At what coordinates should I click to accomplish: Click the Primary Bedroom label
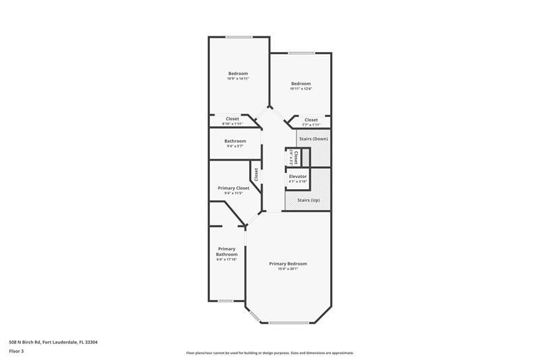(x=288, y=263)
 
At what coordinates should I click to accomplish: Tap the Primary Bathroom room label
(x=227, y=251)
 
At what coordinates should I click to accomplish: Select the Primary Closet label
(x=233, y=188)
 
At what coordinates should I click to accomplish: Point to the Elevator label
(x=298, y=176)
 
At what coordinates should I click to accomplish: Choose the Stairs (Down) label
(x=313, y=138)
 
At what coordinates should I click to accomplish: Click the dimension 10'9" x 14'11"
(x=238, y=79)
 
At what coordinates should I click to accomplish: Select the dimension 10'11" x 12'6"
(x=301, y=88)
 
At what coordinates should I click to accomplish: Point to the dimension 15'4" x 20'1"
(x=288, y=269)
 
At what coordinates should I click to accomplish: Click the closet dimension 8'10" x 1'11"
(x=232, y=124)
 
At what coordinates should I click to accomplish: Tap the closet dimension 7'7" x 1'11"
(x=310, y=125)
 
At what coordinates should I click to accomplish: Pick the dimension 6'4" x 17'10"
(x=227, y=259)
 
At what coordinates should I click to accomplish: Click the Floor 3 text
(x=16, y=351)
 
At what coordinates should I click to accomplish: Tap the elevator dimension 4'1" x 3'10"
(x=298, y=181)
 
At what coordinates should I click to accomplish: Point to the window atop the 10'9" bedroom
(x=238, y=36)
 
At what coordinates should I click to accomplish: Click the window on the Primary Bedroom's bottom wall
(x=288, y=323)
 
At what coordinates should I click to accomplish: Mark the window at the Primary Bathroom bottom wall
(x=225, y=301)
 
